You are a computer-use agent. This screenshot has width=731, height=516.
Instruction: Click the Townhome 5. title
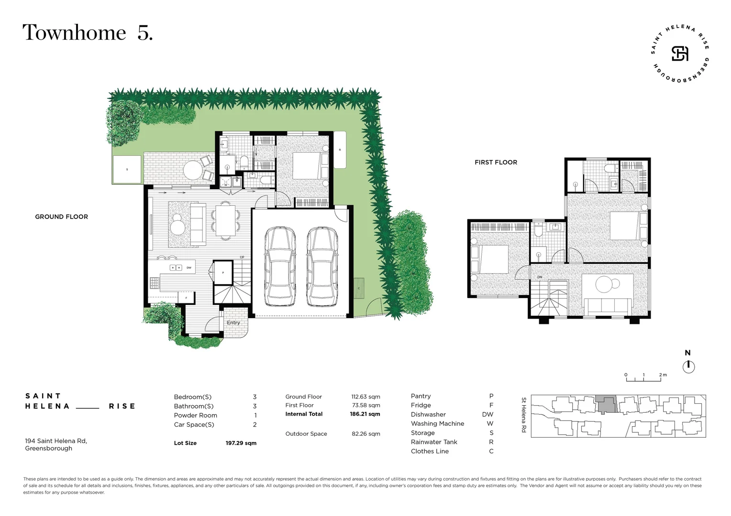[x=88, y=33]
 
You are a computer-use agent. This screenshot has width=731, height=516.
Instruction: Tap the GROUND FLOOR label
[x=61, y=217]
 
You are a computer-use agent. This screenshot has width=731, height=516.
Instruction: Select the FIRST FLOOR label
[x=496, y=162]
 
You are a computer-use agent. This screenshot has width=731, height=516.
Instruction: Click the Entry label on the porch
[x=233, y=323]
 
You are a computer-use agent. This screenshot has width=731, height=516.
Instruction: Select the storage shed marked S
[x=127, y=170]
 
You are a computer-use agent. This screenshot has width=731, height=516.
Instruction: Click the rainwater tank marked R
[x=340, y=150]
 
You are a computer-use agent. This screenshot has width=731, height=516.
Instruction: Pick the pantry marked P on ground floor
[x=223, y=273]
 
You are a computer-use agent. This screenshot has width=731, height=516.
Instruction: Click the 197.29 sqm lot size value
[x=241, y=443]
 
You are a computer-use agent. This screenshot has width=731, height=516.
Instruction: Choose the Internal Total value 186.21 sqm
[x=365, y=414]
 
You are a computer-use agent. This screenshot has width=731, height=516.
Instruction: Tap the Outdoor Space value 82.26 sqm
[x=365, y=434]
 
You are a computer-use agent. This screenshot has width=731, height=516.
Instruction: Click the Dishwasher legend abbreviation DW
[x=487, y=415]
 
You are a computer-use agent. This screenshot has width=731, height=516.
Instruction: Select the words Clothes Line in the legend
[x=430, y=451]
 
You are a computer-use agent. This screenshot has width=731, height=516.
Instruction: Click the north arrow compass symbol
[x=688, y=366]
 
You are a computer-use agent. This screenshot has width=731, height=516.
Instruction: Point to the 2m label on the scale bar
[x=663, y=375]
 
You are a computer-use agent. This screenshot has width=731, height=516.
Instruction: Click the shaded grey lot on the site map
[x=606, y=405]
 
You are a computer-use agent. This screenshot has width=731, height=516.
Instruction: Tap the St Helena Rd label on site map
[x=523, y=415]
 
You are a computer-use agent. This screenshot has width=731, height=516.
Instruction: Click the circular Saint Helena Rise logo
[x=680, y=54]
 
